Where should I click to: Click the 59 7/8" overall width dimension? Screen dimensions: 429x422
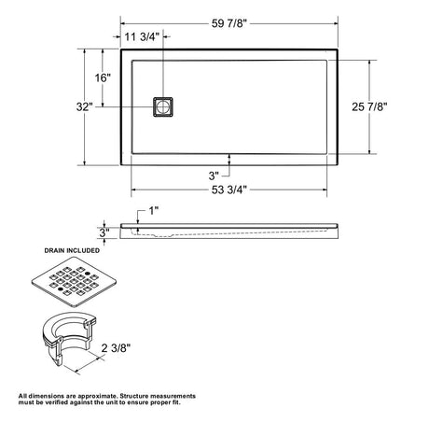[229, 23]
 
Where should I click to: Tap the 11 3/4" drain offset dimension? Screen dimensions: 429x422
[142, 36]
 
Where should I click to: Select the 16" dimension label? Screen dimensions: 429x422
[103, 77]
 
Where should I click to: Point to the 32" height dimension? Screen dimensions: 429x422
[85, 106]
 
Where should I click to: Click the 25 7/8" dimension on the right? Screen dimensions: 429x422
[369, 106]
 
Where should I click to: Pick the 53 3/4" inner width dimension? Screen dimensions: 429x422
[229, 190]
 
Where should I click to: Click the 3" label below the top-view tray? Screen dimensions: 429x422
[214, 176]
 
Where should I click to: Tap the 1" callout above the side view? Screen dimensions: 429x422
[154, 211]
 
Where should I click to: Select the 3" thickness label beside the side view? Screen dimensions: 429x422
[104, 232]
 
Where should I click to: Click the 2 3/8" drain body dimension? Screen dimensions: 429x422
[116, 348]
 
